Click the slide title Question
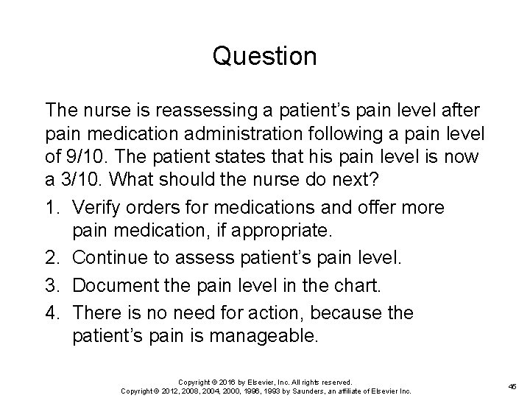click(x=265, y=56)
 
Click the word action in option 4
click(x=255, y=314)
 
